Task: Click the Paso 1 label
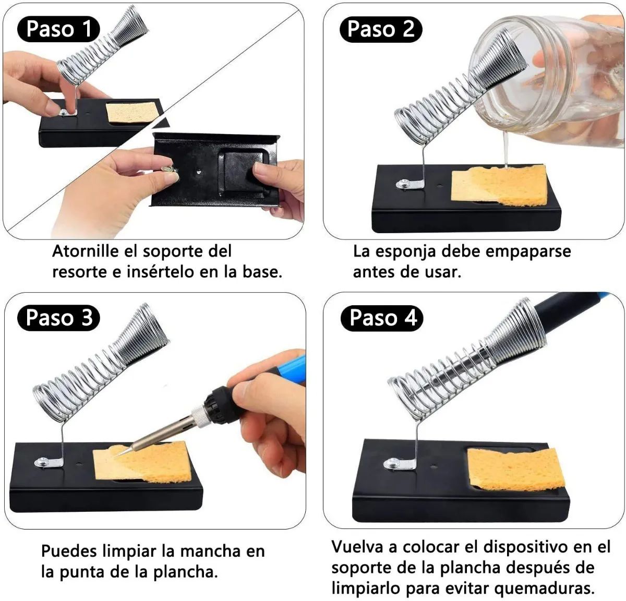58,29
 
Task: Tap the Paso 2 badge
381,30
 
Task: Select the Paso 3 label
59,318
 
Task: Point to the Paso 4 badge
382,318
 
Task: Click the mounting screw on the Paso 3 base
42,462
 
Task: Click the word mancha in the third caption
204,551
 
